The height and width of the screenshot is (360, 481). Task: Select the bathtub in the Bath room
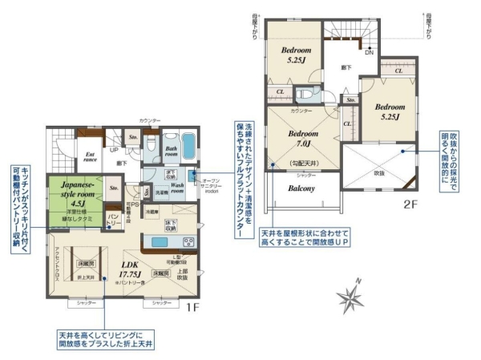[188, 147]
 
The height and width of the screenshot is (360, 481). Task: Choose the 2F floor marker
[410, 205]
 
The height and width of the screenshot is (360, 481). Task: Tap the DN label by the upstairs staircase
[369, 53]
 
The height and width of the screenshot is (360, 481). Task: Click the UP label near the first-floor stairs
[114, 150]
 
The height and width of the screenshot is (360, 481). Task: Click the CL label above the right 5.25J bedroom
[398, 71]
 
